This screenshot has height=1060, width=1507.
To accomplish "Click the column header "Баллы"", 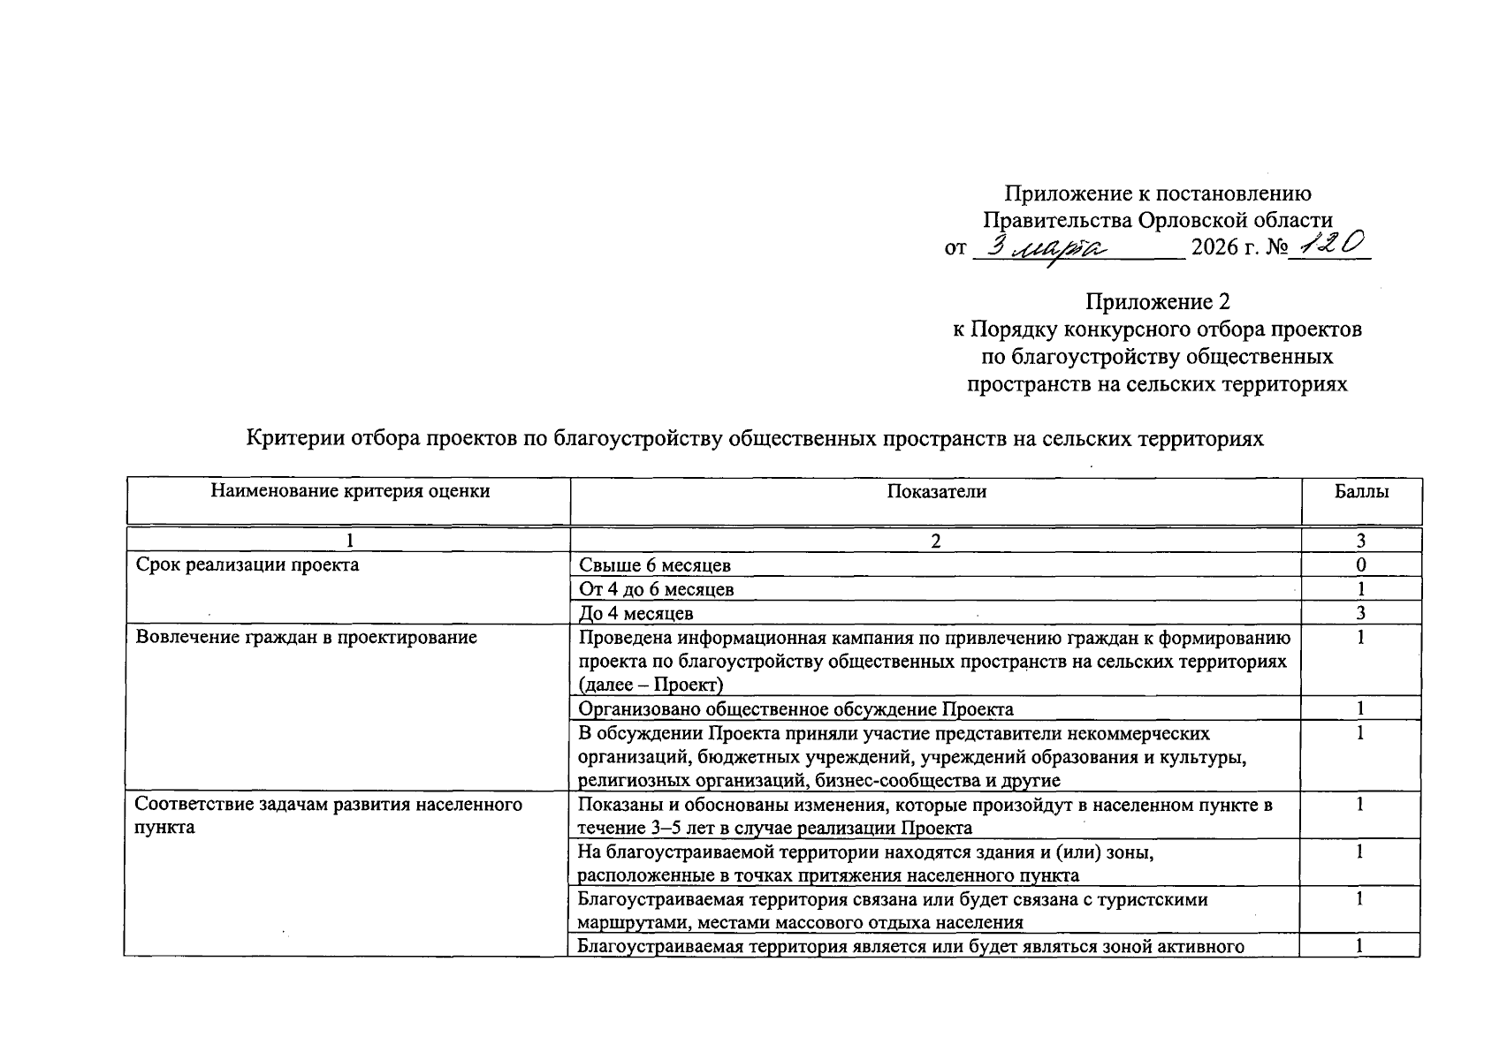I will tap(1361, 492).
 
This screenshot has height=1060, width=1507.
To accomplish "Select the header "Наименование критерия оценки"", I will tap(349, 491).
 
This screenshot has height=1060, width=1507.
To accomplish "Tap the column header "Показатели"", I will tap(936, 492).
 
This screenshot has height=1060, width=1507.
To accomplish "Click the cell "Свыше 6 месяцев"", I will tap(655, 565).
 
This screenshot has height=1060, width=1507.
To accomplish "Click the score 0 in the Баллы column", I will tap(1361, 565).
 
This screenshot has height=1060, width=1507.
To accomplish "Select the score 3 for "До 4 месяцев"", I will tap(1361, 613).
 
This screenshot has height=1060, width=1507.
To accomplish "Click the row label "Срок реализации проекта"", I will tap(247, 564).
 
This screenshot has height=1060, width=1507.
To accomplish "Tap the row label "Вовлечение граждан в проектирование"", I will tap(306, 637).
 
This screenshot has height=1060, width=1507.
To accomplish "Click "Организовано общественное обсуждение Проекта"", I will tap(795, 708).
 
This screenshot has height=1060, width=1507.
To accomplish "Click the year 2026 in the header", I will tap(1214, 247).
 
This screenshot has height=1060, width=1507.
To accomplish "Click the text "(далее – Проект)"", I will tap(651, 685).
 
